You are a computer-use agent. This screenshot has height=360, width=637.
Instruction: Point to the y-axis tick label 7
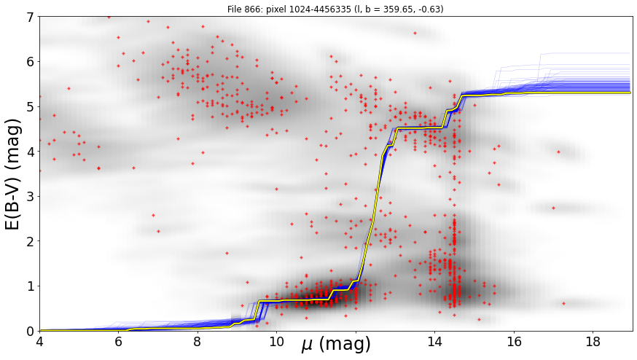pyautogui.click(x=31, y=17)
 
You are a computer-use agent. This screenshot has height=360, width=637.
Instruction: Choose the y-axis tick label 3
pyautogui.click(x=31, y=197)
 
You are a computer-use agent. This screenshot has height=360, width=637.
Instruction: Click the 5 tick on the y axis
pyautogui.click(x=31, y=107)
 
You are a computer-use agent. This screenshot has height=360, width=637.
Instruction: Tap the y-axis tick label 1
pyautogui.click(x=31, y=286)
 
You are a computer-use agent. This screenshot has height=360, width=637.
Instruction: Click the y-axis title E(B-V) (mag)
pyautogui.click(x=13, y=174)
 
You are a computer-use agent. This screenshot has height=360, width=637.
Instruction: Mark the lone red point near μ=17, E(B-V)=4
pyautogui.click(x=558, y=152)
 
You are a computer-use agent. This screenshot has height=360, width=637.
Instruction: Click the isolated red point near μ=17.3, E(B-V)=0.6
pyautogui.click(x=563, y=303)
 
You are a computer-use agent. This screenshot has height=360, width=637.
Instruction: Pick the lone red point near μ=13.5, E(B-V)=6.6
pyautogui.click(x=415, y=33)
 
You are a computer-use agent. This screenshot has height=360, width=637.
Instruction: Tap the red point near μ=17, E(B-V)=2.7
pyautogui.click(x=553, y=208)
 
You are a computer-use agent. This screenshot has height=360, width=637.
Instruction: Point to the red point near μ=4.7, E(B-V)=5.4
pyautogui.click(x=69, y=88)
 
